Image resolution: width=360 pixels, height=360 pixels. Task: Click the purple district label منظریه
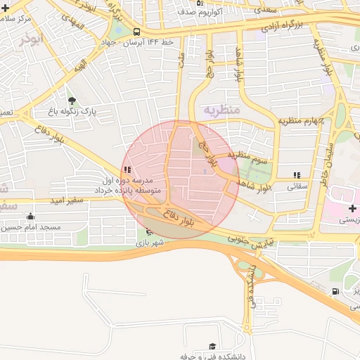222,110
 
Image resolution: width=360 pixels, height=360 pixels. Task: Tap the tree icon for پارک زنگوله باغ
72,100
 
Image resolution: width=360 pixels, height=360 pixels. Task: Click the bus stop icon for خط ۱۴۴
136,32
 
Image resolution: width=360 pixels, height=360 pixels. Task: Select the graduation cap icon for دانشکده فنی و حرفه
212,347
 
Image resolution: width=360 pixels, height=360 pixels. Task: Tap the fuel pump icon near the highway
335,291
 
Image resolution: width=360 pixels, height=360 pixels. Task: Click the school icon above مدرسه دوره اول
127,169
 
